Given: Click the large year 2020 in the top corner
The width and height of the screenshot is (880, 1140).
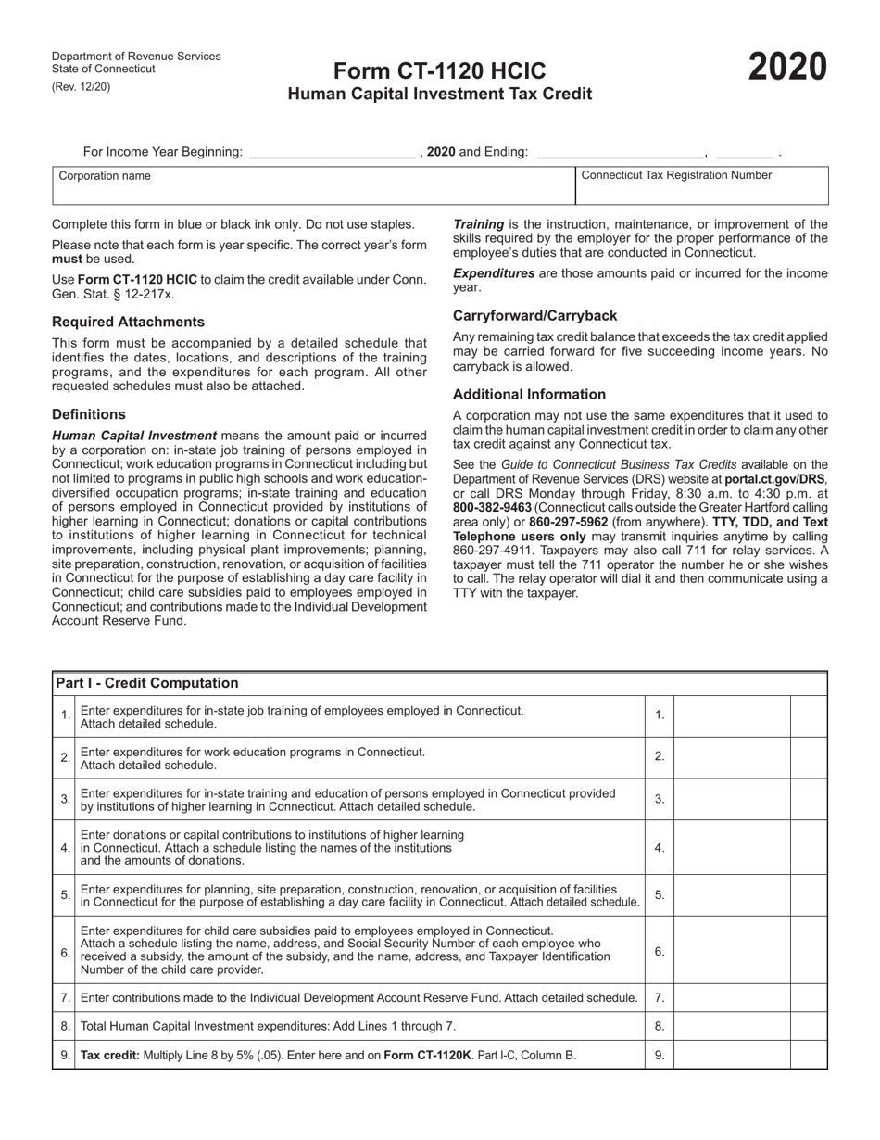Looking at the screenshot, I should point(787,69).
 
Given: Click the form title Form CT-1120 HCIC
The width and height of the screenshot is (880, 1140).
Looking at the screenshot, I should point(439,71).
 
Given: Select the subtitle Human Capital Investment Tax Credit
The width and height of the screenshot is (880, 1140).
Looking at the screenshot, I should point(439,94).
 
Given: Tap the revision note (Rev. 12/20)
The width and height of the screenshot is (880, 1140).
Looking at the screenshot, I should point(81,87).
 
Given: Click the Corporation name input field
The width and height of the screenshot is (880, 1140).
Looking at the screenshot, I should point(313,191).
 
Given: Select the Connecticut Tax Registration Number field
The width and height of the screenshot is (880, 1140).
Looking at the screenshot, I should point(701,191).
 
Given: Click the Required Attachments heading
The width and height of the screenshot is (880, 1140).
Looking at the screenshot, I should point(128,322).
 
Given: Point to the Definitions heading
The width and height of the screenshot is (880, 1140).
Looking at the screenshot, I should point(89,414).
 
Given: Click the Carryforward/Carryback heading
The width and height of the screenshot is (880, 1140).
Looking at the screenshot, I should point(534,315).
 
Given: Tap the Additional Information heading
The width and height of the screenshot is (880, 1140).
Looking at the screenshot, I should point(529,394).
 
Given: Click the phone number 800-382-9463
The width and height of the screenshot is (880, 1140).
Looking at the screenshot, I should point(493,508).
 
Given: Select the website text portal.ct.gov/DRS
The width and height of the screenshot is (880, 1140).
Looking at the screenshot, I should point(775,479).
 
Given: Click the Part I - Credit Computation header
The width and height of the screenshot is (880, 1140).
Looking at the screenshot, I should point(146,683).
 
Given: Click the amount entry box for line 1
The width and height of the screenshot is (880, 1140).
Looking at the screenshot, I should point(731,716).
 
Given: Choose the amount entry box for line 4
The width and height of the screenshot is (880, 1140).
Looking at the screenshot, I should point(731,848).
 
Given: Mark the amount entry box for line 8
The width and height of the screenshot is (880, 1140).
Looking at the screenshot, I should point(731,1026).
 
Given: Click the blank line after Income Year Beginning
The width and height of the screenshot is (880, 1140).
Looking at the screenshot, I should point(333,152).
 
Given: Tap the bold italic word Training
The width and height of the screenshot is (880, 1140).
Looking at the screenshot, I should point(478,224).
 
